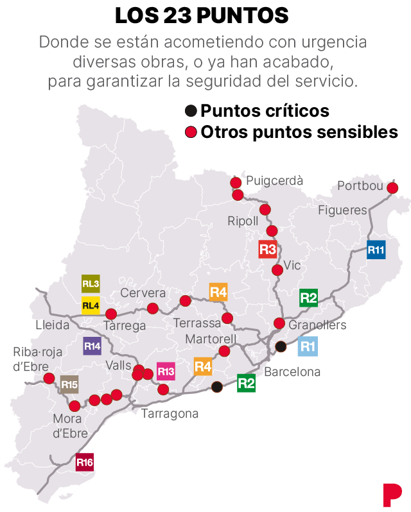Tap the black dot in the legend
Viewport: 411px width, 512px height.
tap(190, 110)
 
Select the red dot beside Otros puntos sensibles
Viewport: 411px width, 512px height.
tap(190, 132)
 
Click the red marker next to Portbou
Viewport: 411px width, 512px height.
tap(392, 188)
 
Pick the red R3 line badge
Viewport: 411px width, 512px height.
tap(268, 249)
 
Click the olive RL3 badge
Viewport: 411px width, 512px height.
tap(91, 284)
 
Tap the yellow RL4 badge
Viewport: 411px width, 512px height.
tap(91, 305)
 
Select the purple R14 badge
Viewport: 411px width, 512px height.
tap(92, 346)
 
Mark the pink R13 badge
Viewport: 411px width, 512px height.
tap(166, 371)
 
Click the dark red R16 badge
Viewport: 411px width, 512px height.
tap(85, 462)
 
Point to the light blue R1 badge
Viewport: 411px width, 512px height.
tap(308, 346)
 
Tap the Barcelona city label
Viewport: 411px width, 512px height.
tap(292, 371)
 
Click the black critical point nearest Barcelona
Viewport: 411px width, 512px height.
tap(281, 346)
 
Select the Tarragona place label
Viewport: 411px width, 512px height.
tap(170, 413)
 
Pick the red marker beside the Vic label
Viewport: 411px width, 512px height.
tap(277, 270)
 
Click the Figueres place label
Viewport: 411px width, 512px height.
tap(342, 210)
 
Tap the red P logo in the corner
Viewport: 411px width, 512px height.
tap(392, 494)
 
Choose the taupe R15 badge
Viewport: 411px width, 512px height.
tap(69, 386)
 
